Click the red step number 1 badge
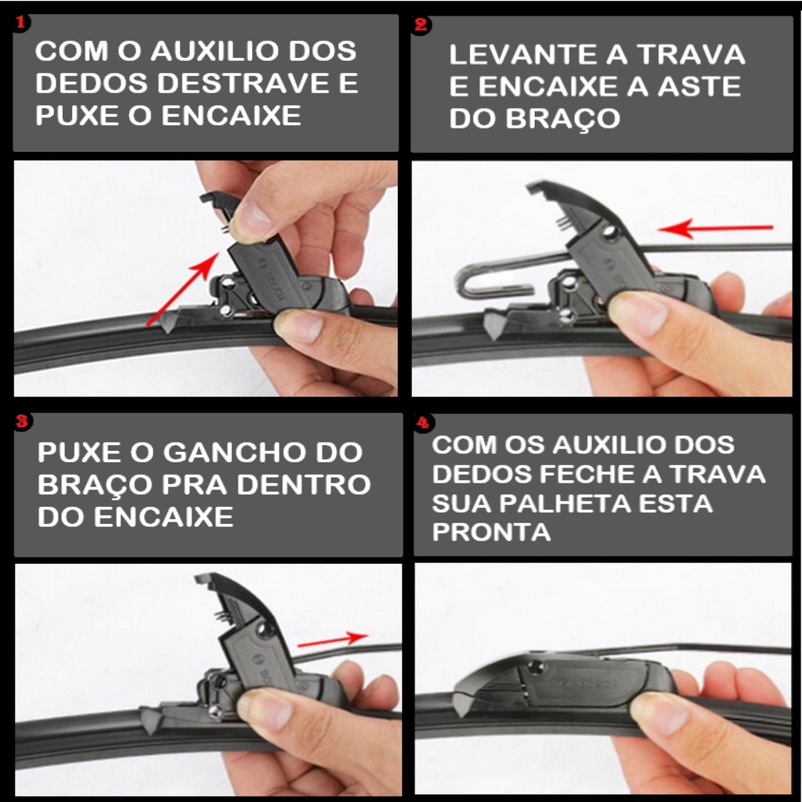(x=20, y=22)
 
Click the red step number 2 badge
(x=421, y=24)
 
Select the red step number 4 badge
(x=423, y=423)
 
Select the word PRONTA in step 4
(x=491, y=532)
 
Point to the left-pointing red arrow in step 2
(x=715, y=228)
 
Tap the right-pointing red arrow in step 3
(x=332, y=640)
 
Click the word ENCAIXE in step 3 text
(x=163, y=517)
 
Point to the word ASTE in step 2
(x=699, y=86)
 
